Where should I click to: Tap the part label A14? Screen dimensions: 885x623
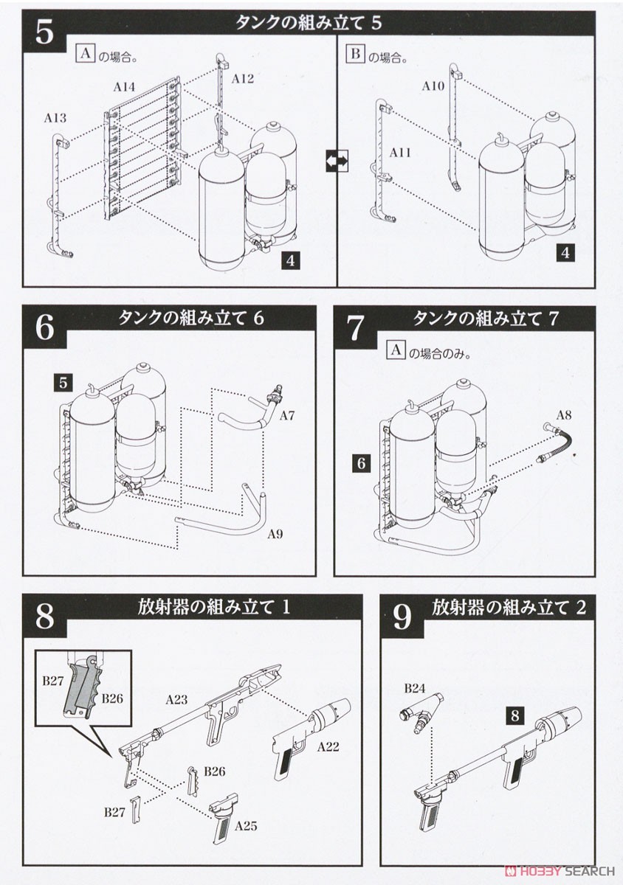point(124,86)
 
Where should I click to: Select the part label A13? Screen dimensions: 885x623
point(55,117)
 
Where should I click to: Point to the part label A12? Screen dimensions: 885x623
point(242,78)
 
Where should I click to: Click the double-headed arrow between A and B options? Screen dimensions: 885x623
point(337,159)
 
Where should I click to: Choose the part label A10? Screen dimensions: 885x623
point(433,86)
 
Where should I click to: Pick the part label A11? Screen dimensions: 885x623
point(400,153)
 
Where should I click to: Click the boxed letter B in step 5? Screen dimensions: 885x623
point(355,55)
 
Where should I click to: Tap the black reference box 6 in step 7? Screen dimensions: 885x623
point(361,463)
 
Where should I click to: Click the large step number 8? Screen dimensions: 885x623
point(44,617)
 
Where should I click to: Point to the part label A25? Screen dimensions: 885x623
point(246,826)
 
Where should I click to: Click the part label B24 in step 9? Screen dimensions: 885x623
point(415,689)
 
